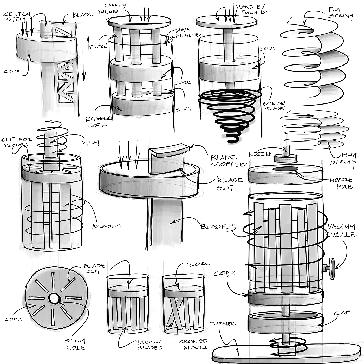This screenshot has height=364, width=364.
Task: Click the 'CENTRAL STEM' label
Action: (17, 17)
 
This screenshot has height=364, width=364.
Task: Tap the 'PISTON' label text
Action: (98, 47)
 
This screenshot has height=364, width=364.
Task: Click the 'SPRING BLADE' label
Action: (274, 106)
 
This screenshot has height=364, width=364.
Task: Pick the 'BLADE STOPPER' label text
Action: (228, 161)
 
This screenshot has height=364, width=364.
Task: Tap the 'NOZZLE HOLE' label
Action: (341, 183)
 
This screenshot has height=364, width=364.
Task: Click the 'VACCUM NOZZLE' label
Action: (342, 230)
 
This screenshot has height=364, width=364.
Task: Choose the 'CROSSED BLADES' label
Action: (195, 344)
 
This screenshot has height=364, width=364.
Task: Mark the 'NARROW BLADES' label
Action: (149, 345)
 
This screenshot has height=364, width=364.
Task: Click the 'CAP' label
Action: (342, 313)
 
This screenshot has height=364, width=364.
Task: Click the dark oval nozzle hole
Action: (285, 169)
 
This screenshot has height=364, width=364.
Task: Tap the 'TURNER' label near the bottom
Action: (223, 324)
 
